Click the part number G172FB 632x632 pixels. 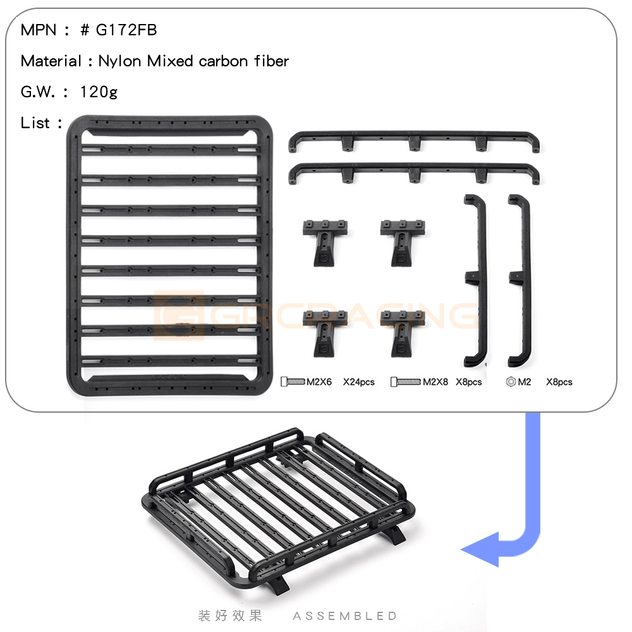pyautogui.click(x=126, y=30)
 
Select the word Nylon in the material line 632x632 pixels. pyautogui.click(x=119, y=61)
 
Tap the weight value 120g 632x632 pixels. pyautogui.click(x=99, y=92)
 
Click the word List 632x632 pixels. pyautogui.click(x=35, y=123)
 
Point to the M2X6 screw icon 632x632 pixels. pyautogui.click(x=293, y=381)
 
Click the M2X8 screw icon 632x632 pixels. pyautogui.click(x=406, y=381)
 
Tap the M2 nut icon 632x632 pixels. pyautogui.click(x=511, y=381)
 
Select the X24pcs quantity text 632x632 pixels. pyautogui.click(x=359, y=382)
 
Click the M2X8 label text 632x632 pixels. pyautogui.click(x=435, y=382)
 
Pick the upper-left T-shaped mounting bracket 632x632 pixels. pyautogui.click(x=324, y=243)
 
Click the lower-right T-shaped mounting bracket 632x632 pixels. pyautogui.click(x=402, y=334)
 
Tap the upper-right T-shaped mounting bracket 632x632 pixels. pyautogui.click(x=402, y=243)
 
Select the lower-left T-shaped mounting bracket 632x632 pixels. pyautogui.click(x=324, y=334)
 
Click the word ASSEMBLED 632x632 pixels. pyautogui.click(x=345, y=616)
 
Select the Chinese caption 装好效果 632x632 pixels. pyautogui.click(x=230, y=616)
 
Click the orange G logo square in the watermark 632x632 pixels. pyautogui.click(x=179, y=315)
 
